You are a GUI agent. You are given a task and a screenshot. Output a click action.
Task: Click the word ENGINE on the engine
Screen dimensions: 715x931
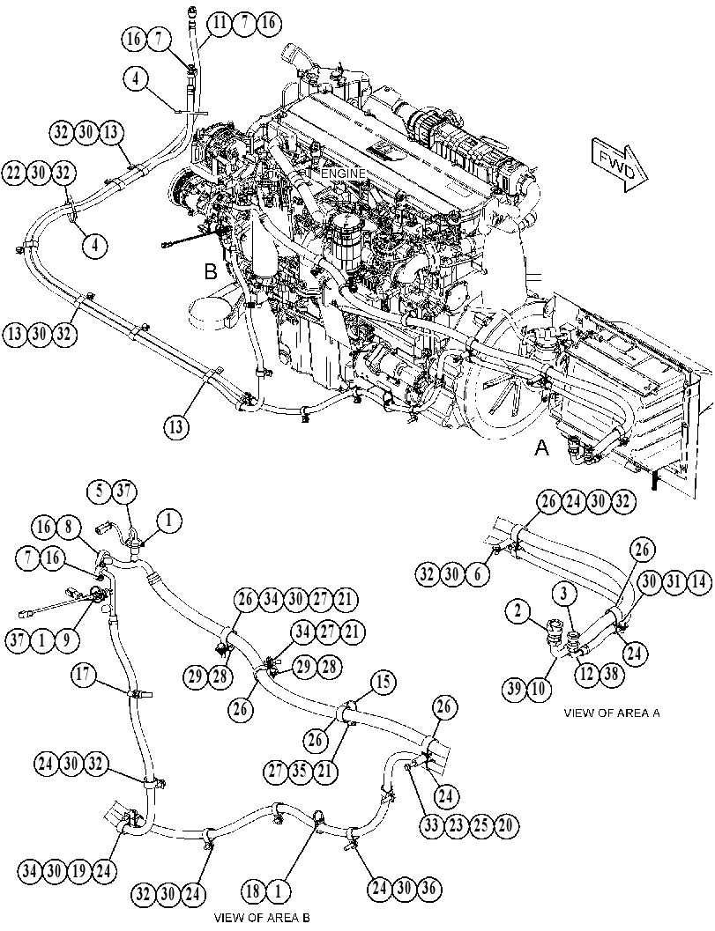point(343,173)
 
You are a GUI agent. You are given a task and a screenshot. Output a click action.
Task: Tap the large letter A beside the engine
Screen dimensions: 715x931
point(541,448)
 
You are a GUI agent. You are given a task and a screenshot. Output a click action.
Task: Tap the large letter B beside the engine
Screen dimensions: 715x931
point(211,271)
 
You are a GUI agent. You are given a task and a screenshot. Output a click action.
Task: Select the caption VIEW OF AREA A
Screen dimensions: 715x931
point(612,713)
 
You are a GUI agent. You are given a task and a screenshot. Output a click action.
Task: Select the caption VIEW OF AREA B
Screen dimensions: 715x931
point(262,917)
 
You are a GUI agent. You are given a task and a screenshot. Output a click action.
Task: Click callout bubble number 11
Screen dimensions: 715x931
point(220,23)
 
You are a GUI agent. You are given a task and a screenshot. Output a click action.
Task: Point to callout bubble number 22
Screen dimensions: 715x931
point(15,173)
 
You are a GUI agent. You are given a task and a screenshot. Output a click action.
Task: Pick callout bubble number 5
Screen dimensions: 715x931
point(100,491)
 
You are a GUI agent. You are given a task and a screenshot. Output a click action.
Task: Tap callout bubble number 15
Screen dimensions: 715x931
point(384,683)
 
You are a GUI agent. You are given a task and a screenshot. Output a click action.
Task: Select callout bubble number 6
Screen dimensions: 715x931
point(479,574)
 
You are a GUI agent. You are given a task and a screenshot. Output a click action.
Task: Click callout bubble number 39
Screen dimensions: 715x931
point(515,689)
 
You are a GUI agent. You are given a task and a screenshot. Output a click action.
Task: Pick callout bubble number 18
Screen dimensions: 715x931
point(253,890)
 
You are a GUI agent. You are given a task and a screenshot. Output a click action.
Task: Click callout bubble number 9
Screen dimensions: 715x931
point(66,640)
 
